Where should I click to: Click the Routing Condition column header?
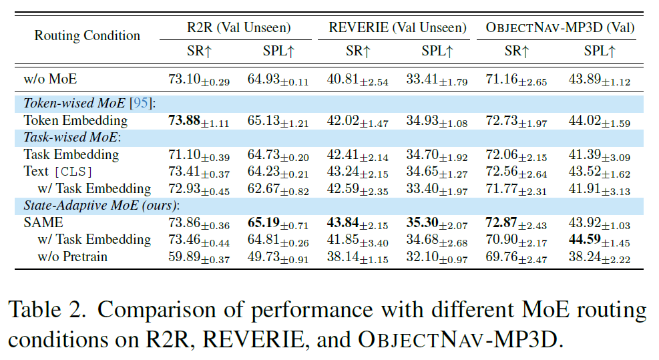(x=87, y=35)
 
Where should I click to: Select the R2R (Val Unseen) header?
(x=238, y=27)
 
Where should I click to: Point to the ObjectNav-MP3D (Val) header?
(x=560, y=27)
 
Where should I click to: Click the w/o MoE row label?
(x=50, y=79)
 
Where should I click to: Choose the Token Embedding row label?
(x=75, y=120)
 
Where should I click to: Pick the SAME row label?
(x=44, y=222)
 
